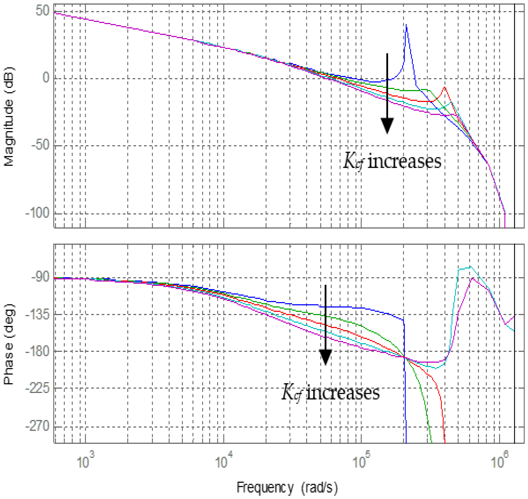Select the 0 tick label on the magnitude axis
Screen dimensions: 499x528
46,78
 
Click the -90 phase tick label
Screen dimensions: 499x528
40,278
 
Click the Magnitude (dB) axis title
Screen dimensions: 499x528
10,117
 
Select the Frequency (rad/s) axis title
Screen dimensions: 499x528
287,487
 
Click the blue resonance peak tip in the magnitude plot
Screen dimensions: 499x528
406,25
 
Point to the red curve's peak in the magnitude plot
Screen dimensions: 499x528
444,87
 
